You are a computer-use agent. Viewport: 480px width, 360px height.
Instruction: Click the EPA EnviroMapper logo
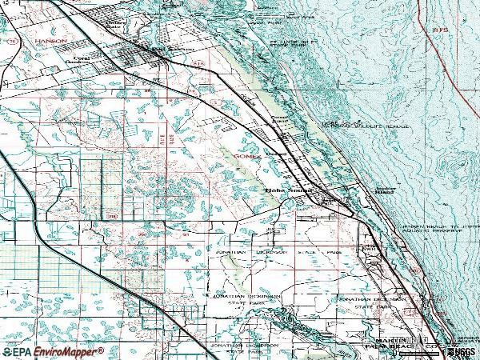53,351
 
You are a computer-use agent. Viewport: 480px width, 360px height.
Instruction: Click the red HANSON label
49,39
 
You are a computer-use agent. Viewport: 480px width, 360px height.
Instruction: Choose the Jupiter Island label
386,191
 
